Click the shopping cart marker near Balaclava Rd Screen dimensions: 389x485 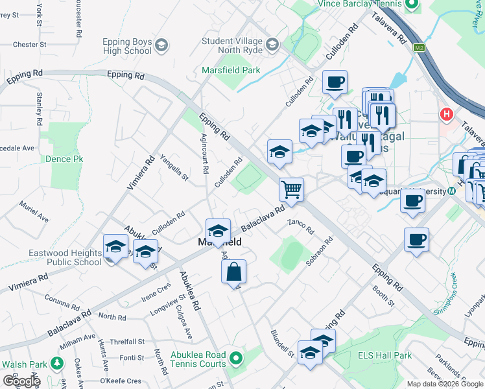tap(291, 190)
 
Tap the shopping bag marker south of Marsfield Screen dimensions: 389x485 tap(234, 272)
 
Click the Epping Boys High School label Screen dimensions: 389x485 tap(127, 47)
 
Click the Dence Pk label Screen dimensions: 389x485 tap(64, 158)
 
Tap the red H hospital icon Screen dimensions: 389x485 tap(446, 114)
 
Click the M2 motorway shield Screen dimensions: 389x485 tap(420, 47)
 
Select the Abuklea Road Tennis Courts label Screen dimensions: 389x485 tap(198, 359)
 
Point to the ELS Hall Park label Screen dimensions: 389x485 tap(384, 355)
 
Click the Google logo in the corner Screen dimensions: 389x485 tap(21, 381)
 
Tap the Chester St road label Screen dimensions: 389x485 tap(30, 45)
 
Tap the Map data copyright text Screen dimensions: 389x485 tap(445, 384)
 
